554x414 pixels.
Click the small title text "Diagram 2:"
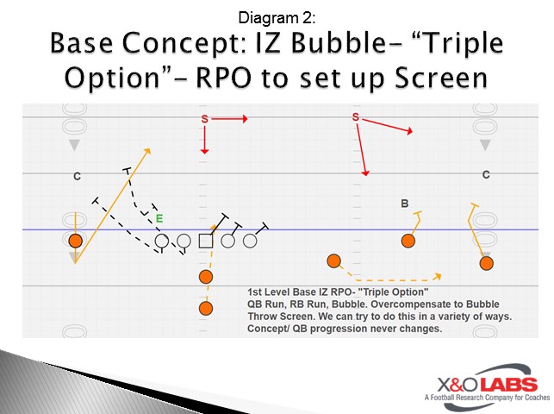pyautogui.click(x=277, y=16)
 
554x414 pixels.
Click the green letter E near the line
pyautogui.click(x=159, y=219)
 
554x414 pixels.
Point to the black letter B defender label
pyautogui.click(x=404, y=204)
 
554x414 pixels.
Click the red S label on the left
pyautogui.click(x=205, y=119)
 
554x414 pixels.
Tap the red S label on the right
pyautogui.click(x=355, y=116)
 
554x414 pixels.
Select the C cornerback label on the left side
pyautogui.click(x=77, y=177)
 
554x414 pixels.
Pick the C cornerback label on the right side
pyautogui.click(x=486, y=175)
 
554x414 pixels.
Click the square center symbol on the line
pyautogui.click(x=206, y=241)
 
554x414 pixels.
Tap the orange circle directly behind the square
pyautogui.click(x=206, y=276)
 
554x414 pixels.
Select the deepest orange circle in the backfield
pyautogui.click(x=206, y=308)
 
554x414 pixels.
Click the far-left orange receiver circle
pyautogui.click(x=76, y=241)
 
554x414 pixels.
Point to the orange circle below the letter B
pyautogui.click(x=408, y=241)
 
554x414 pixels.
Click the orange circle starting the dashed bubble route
pyautogui.click(x=333, y=260)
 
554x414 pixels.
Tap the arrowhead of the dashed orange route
pyautogui.click(x=437, y=277)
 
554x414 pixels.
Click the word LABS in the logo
pyautogui.click(x=508, y=385)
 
